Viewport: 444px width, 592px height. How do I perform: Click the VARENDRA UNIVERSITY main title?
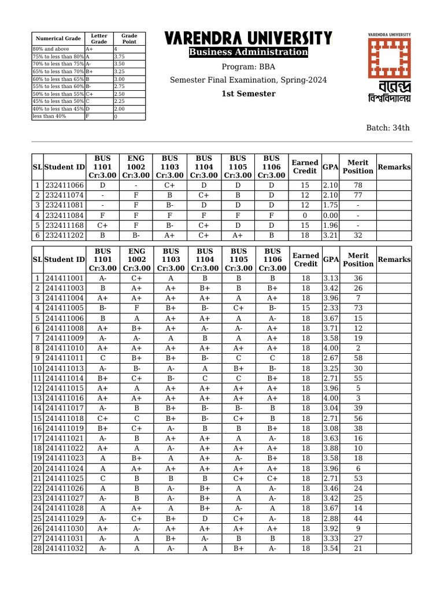tap(249, 39)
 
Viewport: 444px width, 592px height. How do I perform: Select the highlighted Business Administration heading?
tap(249, 53)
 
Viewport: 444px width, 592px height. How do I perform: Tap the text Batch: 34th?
tap(388, 128)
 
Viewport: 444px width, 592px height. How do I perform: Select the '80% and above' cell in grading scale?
tap(58, 49)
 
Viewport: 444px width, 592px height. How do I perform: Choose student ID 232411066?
tap(65, 185)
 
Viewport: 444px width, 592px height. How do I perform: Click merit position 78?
tap(358, 185)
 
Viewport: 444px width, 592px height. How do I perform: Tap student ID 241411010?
tap(65, 348)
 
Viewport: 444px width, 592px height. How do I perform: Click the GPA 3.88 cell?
tap(330, 448)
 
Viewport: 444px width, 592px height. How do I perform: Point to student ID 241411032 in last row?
tap(65, 548)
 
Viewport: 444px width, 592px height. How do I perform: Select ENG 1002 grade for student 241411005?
tap(136, 308)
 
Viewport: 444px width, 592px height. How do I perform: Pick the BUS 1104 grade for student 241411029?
tap(205, 518)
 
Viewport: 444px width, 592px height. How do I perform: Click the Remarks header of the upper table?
tap(394, 166)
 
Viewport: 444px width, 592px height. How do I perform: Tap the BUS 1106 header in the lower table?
tap(272, 260)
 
